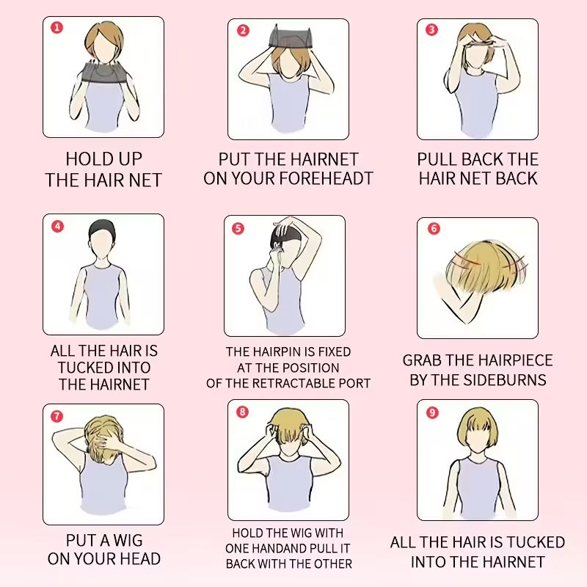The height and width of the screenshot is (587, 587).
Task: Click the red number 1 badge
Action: click(57, 28)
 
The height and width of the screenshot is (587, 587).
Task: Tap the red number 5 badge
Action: click(238, 228)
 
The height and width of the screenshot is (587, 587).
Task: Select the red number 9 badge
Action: click(432, 412)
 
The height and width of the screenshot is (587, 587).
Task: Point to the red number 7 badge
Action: click(57, 416)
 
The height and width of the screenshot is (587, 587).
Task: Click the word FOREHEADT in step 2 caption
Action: click(329, 178)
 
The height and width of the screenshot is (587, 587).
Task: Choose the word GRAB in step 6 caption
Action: click(421, 360)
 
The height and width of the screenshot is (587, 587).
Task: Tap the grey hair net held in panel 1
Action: click(103, 73)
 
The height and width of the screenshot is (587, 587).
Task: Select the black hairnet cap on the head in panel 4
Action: click(102, 227)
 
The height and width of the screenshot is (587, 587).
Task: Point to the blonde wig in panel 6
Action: click(486, 266)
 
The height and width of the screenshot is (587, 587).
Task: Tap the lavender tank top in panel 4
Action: click(102, 296)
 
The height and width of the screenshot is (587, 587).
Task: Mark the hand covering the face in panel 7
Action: click(105, 442)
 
